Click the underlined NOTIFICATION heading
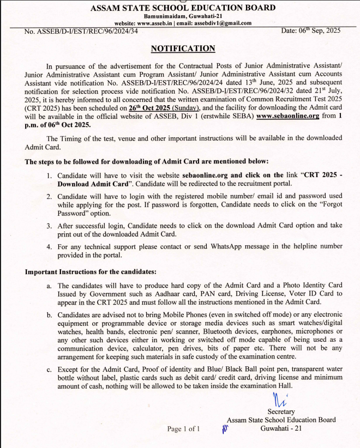(183, 48)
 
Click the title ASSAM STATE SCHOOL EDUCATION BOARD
(179, 8)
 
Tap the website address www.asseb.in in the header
(154, 23)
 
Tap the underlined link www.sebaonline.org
(287, 116)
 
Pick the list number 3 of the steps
(49, 226)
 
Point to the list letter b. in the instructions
(49, 315)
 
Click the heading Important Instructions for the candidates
(91, 271)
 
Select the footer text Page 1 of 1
(183, 429)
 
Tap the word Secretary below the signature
(281, 411)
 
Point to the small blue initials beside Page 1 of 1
(224, 429)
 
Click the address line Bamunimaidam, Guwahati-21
(179, 16)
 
